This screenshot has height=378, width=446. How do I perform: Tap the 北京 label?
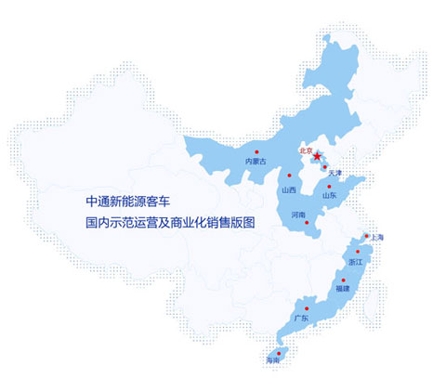tap(305, 149)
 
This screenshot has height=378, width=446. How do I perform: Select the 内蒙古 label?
tap(256, 162)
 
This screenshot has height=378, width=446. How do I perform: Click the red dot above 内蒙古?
tap(256, 151)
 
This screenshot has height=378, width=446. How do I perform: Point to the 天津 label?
tap(334, 174)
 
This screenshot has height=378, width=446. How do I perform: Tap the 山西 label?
tap(288, 190)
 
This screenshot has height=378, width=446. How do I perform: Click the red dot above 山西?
tap(293, 180)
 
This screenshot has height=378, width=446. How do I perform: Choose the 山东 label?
tap(329, 195)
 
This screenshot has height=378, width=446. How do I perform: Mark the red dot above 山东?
tap(329, 186)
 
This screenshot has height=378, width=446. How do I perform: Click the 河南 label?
tap(298, 215)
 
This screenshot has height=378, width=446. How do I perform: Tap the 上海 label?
tap(376, 239)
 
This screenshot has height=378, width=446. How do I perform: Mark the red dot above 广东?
tap(308, 307)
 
